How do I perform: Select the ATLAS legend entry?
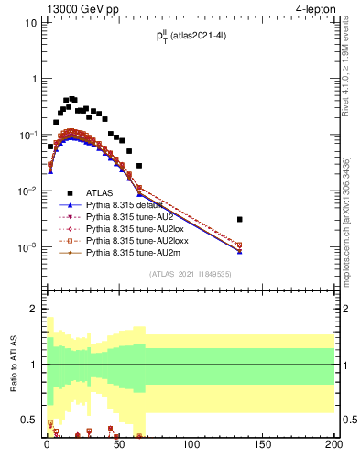[x=102, y=193]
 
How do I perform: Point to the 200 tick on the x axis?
[x=333, y=446]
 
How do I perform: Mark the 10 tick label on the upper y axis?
[x=29, y=22]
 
